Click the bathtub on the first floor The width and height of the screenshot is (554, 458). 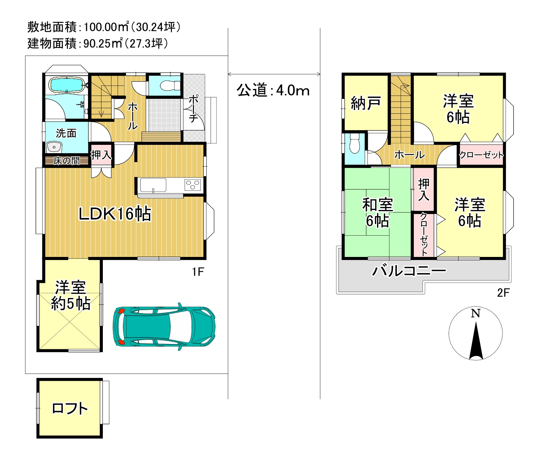pos(67,85)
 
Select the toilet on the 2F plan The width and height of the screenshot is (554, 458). pos(355,143)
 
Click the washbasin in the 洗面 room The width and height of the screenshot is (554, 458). pos(54,147)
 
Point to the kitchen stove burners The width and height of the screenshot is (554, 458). pos(193,185)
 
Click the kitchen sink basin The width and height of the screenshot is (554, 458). pos(153,185)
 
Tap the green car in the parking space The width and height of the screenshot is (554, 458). pos(164,327)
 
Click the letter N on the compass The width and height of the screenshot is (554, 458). pos(476,313)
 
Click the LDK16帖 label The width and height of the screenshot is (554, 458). pos(115,214)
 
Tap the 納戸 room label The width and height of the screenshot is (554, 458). pos(366,103)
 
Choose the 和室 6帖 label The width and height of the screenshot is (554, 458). pos(377,213)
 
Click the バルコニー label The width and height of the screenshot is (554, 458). pos(409,271)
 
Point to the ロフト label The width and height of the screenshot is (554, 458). pos(70,408)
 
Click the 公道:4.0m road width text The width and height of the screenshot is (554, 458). pos(273,90)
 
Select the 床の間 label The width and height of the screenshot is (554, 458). pos(67,161)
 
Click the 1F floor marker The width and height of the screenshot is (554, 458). pos(198,272)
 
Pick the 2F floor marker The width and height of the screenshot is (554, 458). pos(503,293)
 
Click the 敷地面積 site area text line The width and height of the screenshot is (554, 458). pos(104,27)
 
